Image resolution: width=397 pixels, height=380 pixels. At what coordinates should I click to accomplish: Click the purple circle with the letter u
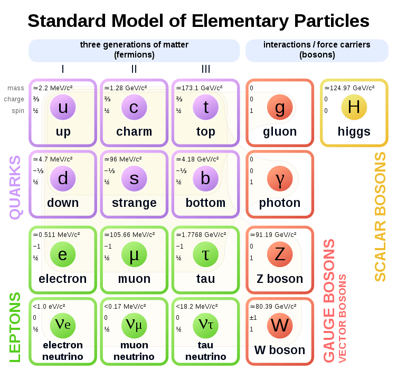point(63,108)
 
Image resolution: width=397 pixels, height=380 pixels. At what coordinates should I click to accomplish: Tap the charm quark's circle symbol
point(134,108)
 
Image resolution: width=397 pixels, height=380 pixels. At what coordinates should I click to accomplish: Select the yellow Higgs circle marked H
point(354,108)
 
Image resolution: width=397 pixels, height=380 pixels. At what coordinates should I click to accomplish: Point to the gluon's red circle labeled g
point(280,108)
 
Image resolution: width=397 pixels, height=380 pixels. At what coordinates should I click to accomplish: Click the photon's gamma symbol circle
point(280,179)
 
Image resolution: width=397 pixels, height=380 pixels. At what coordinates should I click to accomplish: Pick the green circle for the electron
point(63,255)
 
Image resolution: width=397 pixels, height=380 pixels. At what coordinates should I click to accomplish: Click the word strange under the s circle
point(134,203)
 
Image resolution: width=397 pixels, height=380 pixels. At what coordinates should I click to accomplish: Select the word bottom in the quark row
point(205,203)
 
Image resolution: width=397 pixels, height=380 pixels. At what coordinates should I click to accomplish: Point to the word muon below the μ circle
point(134,279)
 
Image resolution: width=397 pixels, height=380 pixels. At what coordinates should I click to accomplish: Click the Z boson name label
point(280,279)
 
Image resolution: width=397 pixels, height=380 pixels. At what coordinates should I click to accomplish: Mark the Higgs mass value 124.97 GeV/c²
point(349,88)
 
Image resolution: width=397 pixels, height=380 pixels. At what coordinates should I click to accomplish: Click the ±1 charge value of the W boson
point(253,318)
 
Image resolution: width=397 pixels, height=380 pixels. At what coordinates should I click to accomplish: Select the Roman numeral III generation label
point(205,69)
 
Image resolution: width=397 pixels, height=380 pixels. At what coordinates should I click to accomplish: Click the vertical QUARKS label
point(16,187)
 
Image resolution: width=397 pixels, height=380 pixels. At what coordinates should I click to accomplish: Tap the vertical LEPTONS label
point(15,327)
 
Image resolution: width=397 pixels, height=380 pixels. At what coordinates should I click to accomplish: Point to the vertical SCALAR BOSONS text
point(380,217)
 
